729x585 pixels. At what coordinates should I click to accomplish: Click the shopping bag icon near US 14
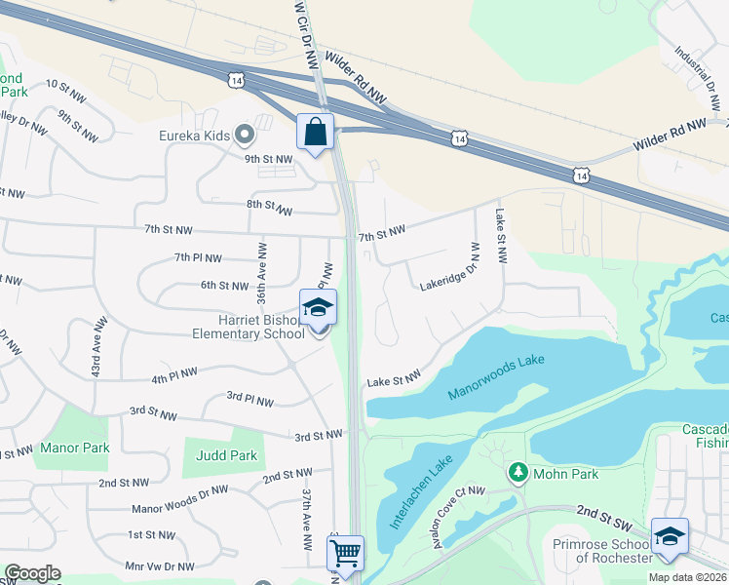pos(316,132)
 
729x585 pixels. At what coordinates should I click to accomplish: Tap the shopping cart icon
pos(346,553)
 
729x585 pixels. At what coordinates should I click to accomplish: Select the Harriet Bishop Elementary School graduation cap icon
pos(318,308)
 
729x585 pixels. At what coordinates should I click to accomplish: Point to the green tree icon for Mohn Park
pos(518,473)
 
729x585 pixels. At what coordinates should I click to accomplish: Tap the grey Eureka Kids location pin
pos(244,135)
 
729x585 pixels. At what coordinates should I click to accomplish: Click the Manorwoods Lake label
pos(496,376)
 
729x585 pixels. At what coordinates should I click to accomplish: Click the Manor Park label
pos(75,448)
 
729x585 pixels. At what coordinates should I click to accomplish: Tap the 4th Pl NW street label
pos(174,375)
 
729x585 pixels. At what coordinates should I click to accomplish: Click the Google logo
pos(32,573)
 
